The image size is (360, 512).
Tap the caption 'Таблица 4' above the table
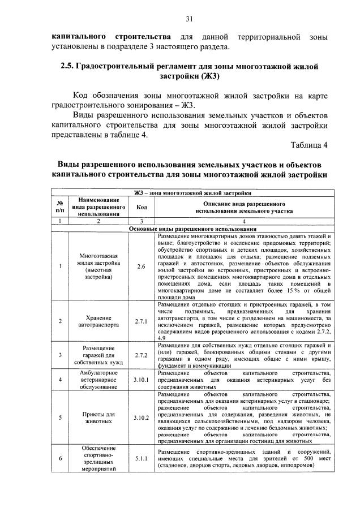[x=308, y=145]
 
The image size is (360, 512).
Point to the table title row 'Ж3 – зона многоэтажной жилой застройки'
[x=193, y=193]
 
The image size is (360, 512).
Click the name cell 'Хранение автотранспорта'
[x=99, y=322]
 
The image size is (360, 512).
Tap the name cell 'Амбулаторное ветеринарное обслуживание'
[x=99, y=380]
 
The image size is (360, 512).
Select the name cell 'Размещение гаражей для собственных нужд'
[x=99, y=355]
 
